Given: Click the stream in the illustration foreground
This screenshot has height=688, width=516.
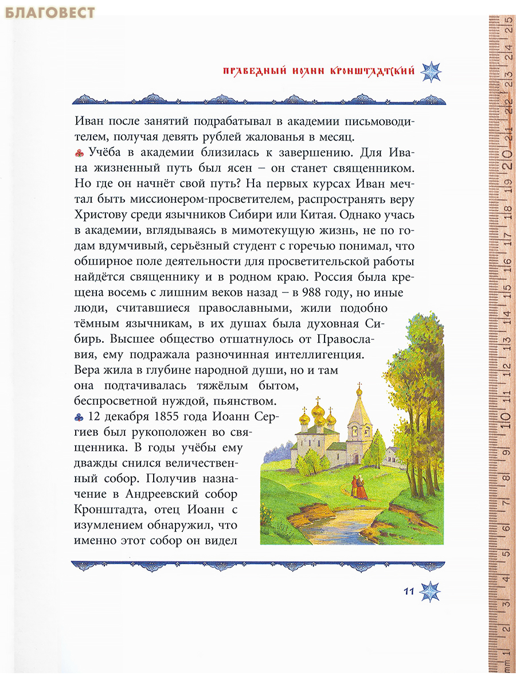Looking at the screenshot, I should pos(338,525).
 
